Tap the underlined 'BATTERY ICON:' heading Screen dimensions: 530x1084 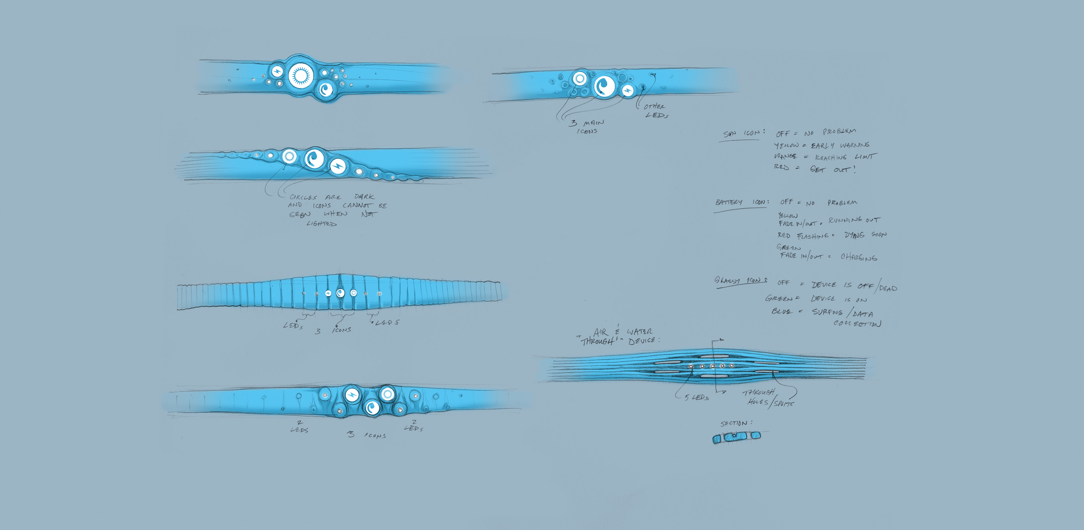click(742, 203)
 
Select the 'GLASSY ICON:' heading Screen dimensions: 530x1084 click(740, 281)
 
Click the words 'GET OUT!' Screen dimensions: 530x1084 click(832, 170)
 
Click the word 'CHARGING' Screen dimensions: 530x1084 click(859, 257)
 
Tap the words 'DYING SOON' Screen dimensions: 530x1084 click(865, 235)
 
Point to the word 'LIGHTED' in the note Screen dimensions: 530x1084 click(322, 223)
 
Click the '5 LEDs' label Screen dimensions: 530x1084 click(697, 397)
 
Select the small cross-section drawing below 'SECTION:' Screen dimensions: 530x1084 click(737, 437)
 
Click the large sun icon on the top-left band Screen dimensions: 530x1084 click(301, 76)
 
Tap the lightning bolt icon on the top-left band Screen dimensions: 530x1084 click(277, 72)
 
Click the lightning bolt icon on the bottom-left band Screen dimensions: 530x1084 click(351, 395)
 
